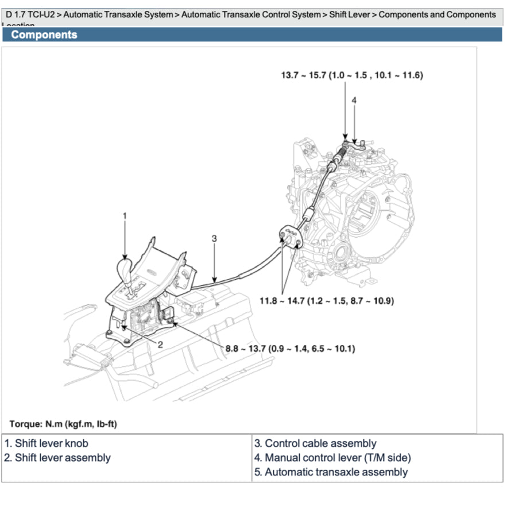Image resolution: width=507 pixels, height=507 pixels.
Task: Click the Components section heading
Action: [x=44, y=35]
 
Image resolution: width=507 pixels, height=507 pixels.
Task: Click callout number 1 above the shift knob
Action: [x=125, y=216]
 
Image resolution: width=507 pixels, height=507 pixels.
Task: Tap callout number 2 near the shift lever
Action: [x=160, y=345]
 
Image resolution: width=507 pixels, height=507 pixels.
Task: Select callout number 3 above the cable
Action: [x=214, y=238]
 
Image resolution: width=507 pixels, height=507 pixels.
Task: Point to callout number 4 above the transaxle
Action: [x=354, y=100]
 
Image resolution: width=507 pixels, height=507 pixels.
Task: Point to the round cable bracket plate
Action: [x=291, y=237]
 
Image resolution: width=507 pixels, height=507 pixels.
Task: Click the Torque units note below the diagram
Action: [x=63, y=424]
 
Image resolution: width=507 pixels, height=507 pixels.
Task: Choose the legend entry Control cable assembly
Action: [x=315, y=443]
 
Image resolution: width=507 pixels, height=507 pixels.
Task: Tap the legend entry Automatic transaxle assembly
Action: [x=331, y=472]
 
